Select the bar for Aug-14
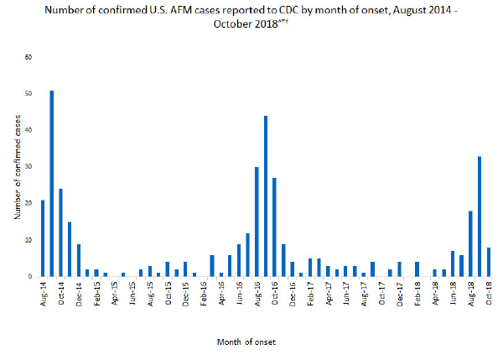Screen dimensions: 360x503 [x=43, y=238]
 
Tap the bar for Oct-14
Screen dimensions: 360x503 [x=60, y=232]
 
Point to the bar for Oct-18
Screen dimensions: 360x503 [x=488, y=262]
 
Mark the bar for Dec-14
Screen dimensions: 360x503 [x=79, y=260]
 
